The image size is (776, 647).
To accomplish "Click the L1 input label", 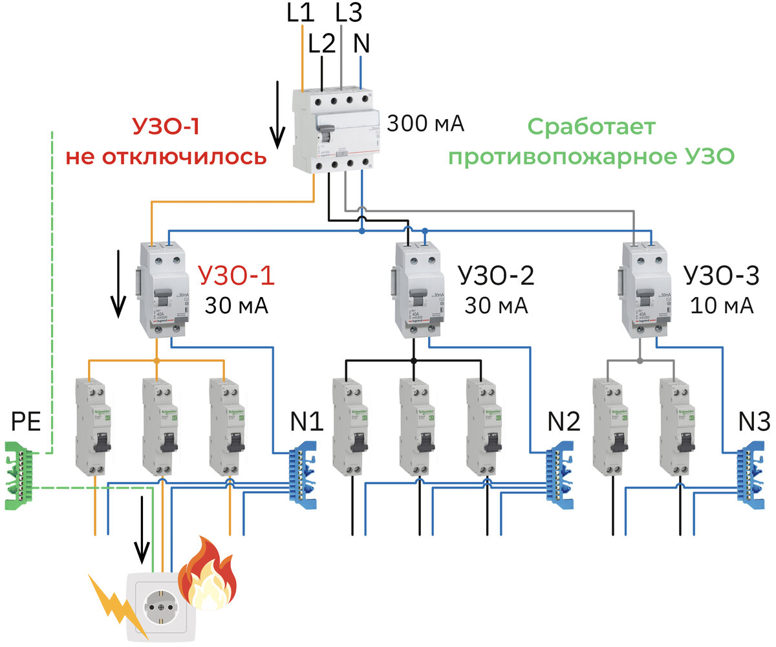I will tap(301, 14).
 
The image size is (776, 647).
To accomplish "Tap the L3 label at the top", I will tap(349, 12).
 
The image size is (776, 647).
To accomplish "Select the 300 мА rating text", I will tap(426, 123).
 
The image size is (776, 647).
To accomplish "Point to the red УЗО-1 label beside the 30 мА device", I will tap(235, 276).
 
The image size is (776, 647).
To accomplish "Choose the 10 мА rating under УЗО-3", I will tap(720, 305).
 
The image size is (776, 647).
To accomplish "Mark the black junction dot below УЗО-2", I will tap(415, 359).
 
